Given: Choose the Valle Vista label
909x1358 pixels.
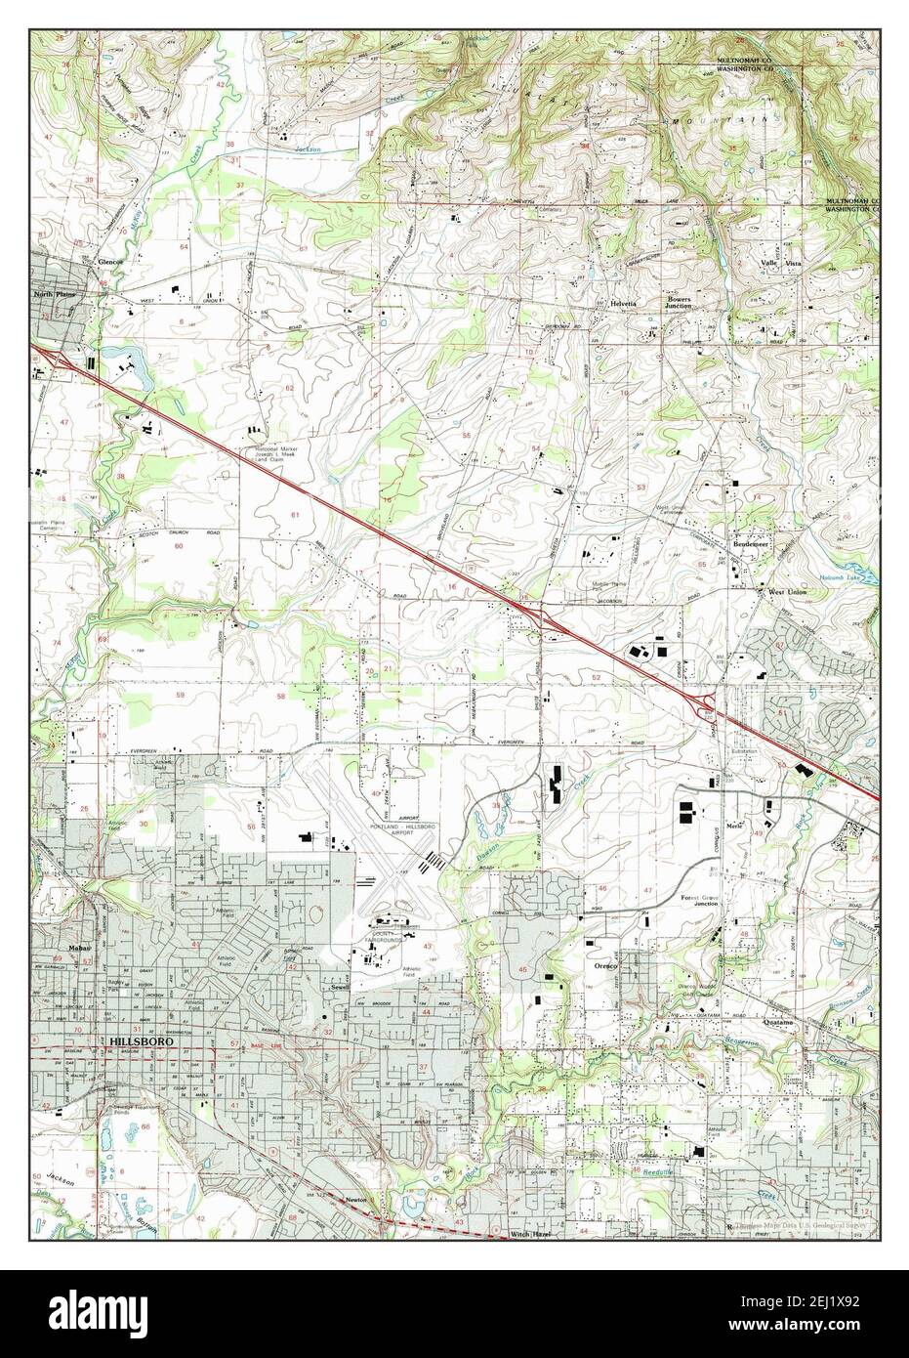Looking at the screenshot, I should (782, 265).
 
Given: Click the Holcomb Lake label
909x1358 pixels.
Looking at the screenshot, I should (834, 576).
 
